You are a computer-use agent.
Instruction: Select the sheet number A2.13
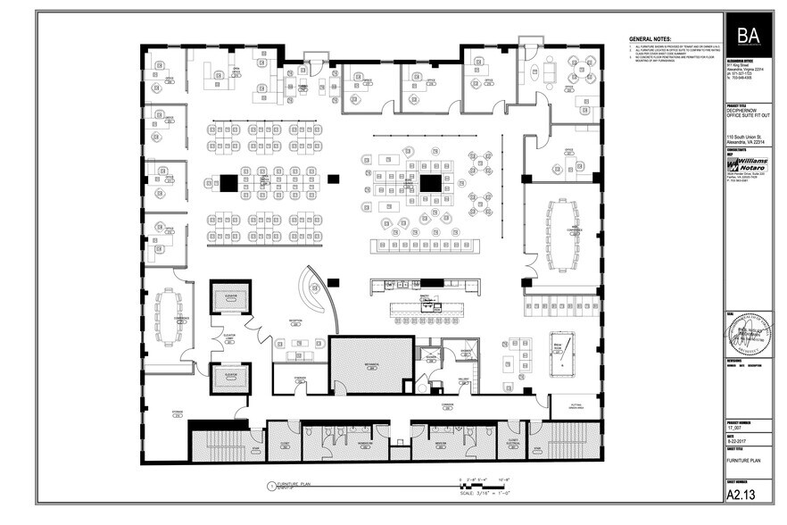click(741, 493)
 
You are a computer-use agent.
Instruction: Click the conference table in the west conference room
click(168, 318)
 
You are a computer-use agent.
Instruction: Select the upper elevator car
click(229, 296)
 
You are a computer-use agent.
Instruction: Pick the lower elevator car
click(229, 378)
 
